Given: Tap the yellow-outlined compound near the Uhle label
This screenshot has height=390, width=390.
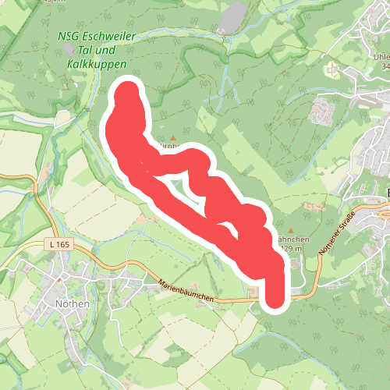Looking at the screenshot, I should pos(333,69).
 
